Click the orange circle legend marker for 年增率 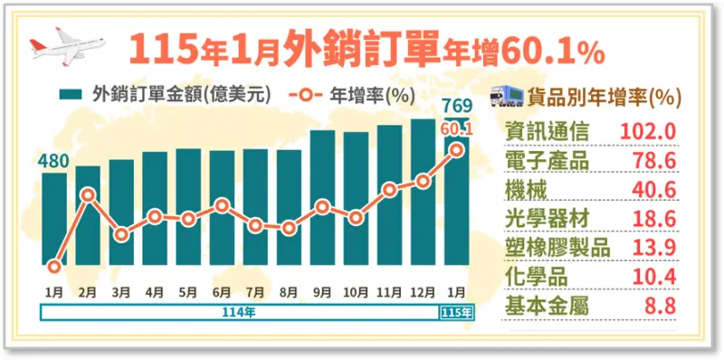[x=306, y=94]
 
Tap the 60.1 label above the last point [x=456, y=129]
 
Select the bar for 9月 [x=323, y=198]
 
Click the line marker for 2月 [x=88, y=194]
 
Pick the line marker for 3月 [x=122, y=234]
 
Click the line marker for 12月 [x=423, y=182]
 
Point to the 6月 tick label [x=222, y=292]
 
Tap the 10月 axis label [x=356, y=292]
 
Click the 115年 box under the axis [x=455, y=312]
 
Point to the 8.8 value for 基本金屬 [x=662, y=307]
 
